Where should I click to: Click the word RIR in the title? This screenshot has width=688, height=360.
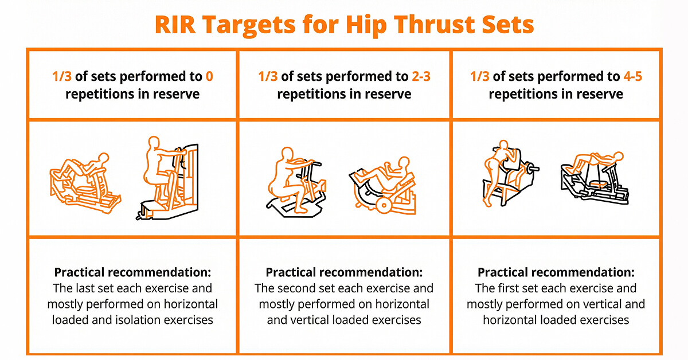[176, 25]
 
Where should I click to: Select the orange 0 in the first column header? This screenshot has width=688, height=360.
[209, 76]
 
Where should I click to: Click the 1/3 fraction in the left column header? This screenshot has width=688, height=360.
[62, 76]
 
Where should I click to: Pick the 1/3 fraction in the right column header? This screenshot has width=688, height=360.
[480, 76]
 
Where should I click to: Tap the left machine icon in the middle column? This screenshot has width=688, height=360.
[296, 179]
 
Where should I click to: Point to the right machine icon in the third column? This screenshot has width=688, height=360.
[593, 177]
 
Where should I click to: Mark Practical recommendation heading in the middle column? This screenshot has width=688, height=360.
[344, 272]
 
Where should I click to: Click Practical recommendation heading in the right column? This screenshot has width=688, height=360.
[556, 272]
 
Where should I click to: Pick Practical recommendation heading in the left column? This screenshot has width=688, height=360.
[132, 272]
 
